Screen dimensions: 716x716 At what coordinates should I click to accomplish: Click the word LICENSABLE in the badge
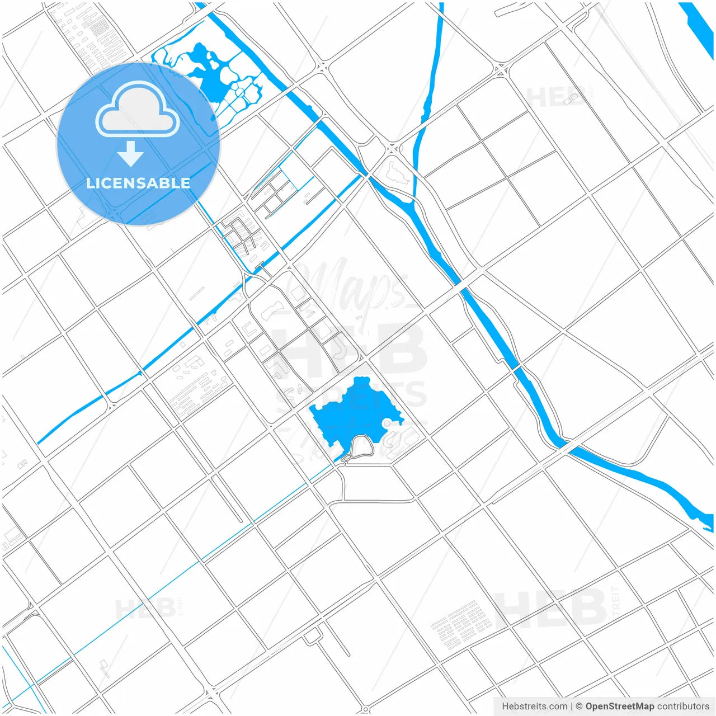(138, 183)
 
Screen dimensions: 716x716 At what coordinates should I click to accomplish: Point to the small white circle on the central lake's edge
(387, 423)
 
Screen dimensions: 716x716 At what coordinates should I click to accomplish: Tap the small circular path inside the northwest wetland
(240, 91)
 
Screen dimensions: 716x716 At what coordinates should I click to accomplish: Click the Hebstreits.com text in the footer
(534, 706)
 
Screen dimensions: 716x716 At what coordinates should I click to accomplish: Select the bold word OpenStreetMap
(619, 706)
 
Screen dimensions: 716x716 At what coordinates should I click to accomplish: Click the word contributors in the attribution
(683, 706)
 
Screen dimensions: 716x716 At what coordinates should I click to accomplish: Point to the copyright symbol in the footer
(579, 706)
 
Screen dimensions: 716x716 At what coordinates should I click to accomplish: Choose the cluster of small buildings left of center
(199, 386)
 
